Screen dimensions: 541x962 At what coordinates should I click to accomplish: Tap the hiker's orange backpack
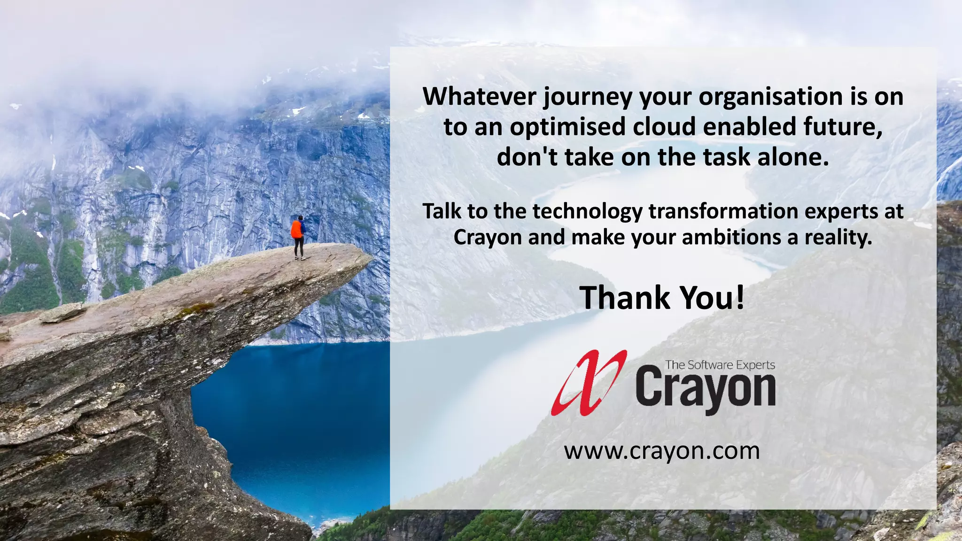(296, 229)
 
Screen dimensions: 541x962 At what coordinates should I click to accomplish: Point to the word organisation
(771, 97)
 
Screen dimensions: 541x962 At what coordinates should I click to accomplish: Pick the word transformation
(723, 211)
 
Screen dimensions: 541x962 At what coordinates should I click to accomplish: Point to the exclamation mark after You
(740, 298)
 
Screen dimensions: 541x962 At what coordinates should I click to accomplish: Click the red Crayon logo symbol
(589, 383)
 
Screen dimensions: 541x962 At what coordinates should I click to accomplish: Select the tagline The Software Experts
(720, 365)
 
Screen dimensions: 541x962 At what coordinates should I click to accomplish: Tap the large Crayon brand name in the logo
(706, 389)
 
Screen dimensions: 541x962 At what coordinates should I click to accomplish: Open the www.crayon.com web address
(662, 451)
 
